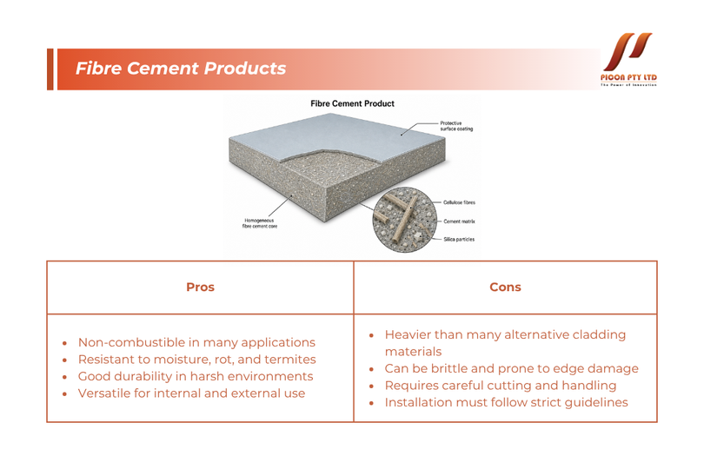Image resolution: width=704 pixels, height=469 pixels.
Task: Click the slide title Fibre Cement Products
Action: coord(181,69)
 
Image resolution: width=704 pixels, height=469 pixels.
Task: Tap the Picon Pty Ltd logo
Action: coord(628,59)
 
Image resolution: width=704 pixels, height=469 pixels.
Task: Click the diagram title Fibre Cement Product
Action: coord(353,103)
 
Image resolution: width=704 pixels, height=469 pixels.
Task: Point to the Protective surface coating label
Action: coord(456,126)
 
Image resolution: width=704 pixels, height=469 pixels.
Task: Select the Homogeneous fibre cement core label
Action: coord(260,223)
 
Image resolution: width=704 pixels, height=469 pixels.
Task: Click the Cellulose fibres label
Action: coord(459,202)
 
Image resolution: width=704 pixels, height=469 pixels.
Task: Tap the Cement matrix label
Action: coord(459,221)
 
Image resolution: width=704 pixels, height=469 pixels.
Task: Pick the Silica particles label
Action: coord(459,240)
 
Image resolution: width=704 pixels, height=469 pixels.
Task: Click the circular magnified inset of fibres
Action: coord(404,220)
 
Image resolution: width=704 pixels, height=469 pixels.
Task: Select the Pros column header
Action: coord(200,287)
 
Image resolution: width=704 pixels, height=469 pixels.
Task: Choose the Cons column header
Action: coord(505,287)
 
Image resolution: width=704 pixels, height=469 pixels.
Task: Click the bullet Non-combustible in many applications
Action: coord(196,342)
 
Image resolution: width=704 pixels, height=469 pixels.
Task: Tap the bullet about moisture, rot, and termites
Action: coord(196,360)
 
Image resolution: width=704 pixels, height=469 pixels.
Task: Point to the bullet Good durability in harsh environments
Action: coord(196,377)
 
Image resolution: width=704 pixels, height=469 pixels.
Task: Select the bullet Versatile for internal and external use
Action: coord(191,393)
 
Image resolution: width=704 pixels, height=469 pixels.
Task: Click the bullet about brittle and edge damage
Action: coord(511,368)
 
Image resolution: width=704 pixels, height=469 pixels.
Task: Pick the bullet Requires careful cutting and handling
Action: coord(500,386)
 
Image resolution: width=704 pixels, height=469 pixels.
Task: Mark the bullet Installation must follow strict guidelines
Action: coord(506,403)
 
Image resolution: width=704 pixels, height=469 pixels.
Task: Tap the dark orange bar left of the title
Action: coord(50,69)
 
